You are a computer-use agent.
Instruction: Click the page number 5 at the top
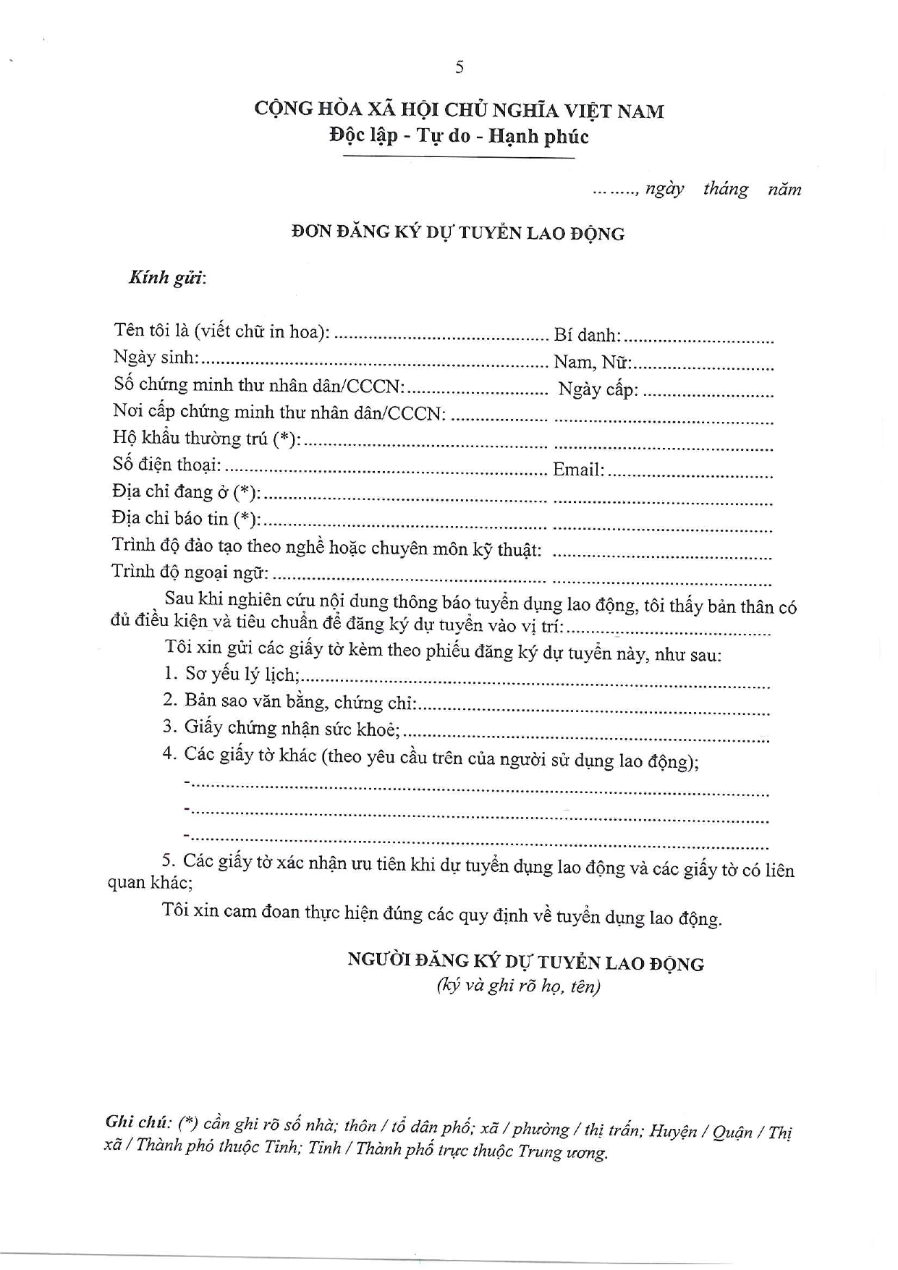[459, 67]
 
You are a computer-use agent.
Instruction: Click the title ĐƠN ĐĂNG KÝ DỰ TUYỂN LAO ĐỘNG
[457, 233]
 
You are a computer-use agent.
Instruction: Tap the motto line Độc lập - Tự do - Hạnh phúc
[459, 136]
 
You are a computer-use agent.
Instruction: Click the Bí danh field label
[587, 335]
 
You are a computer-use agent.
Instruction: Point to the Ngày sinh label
[156, 357]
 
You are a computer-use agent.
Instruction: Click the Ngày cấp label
[598, 389]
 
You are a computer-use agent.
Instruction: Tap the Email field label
[578, 470]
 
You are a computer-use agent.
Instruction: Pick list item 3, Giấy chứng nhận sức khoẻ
[281, 728]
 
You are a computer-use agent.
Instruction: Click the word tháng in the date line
[726, 190]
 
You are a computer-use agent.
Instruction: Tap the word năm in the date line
[784, 190]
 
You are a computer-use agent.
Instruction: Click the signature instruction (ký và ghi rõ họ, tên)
[518, 986]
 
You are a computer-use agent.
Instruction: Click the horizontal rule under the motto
[459, 157]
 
